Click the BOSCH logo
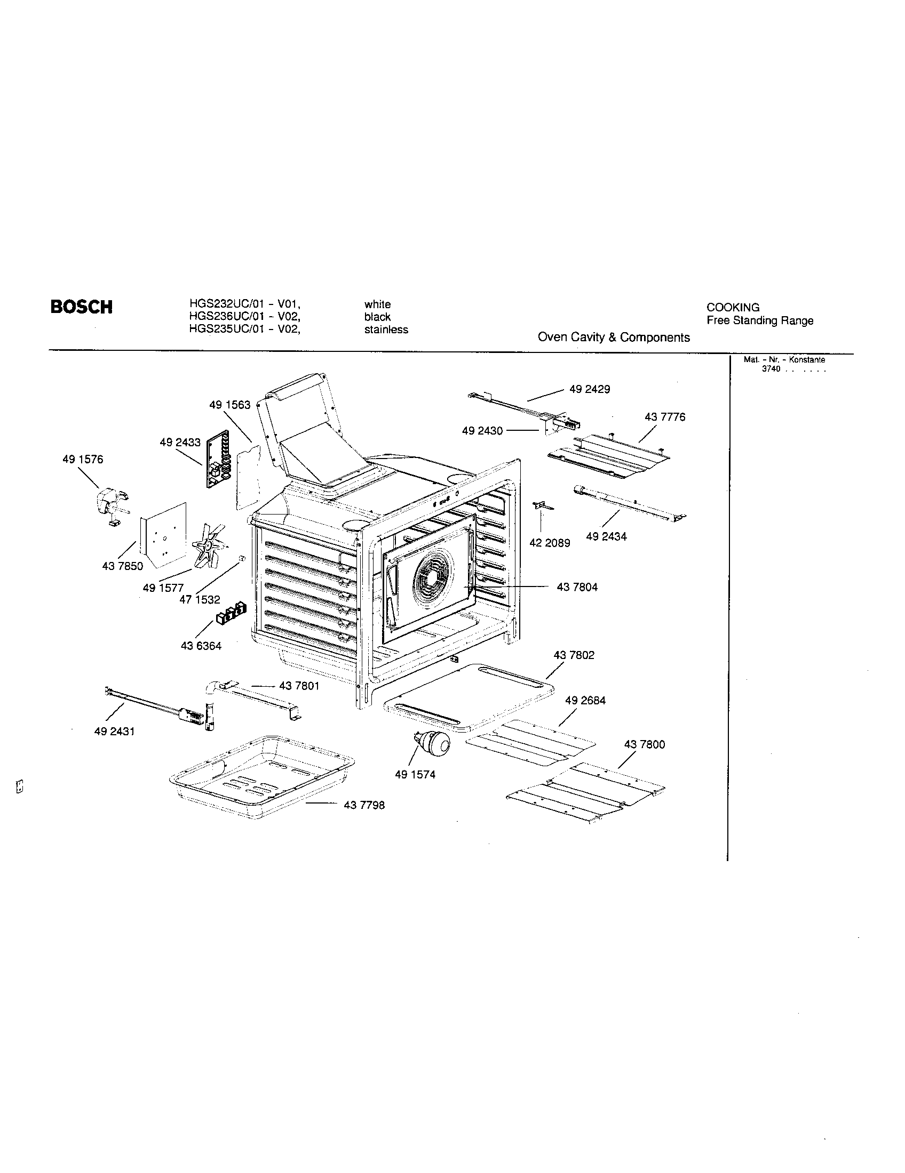[81, 307]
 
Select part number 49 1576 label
[83, 459]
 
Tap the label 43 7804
[577, 587]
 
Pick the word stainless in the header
[386, 329]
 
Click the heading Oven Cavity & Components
[614, 338]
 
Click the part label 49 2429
[590, 389]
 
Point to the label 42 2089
[549, 543]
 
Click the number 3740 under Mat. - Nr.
[771, 369]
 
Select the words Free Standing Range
[759, 320]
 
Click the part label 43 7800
[645, 744]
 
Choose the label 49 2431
[114, 731]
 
